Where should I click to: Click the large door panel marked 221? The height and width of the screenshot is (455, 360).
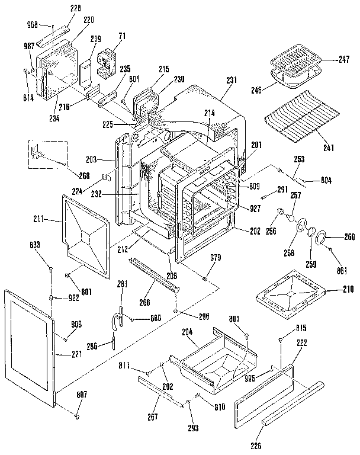coord(30,344)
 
